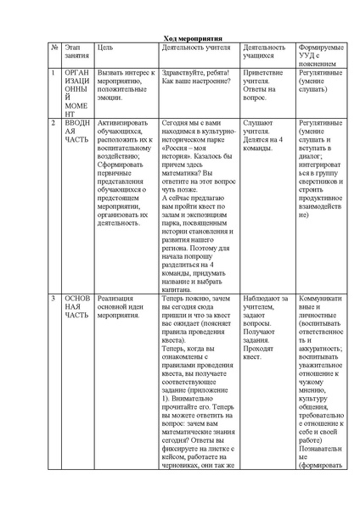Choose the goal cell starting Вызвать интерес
tap(125, 82)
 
